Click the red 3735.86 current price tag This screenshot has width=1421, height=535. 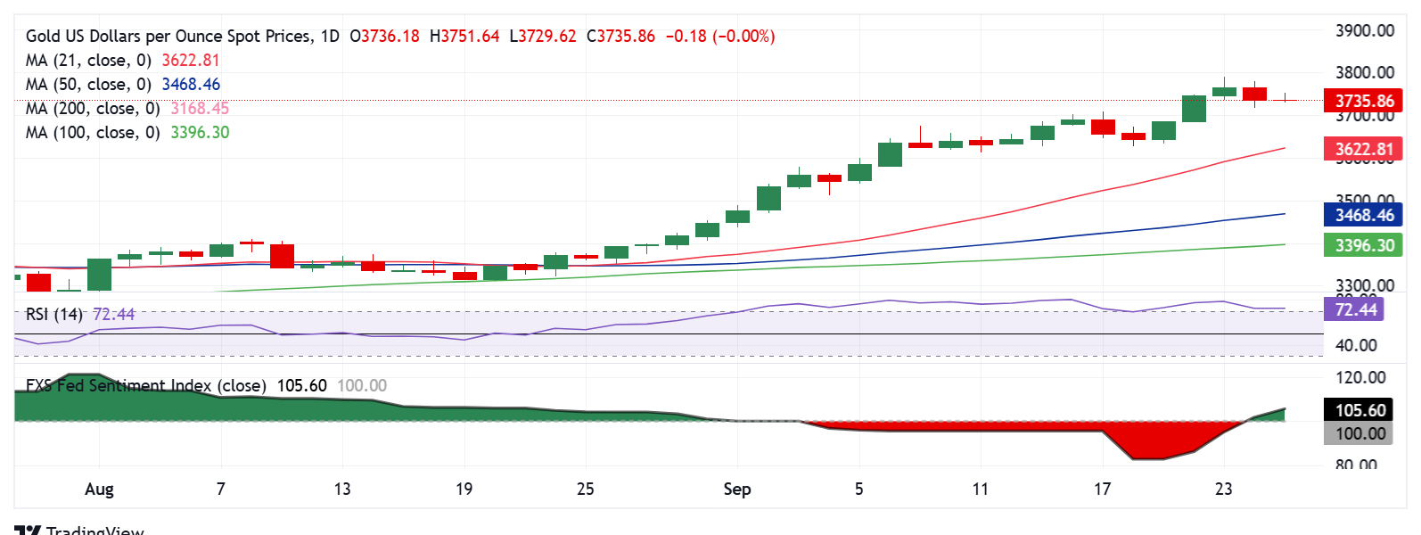coord(1363,101)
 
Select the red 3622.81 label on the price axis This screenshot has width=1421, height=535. coord(1363,149)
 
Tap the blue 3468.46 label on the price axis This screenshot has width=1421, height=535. coord(1363,215)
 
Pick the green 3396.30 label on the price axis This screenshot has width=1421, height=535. coord(1363,245)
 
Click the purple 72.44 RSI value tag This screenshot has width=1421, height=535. coord(1356,309)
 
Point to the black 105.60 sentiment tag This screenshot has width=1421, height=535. coord(1359,410)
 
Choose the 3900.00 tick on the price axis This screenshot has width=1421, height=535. coord(1364,30)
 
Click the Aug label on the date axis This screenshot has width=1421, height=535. coord(99,489)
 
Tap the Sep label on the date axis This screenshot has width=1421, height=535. coord(736,489)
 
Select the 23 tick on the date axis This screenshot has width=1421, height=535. coord(1223,489)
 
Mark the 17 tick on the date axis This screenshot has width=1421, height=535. coord(1102,489)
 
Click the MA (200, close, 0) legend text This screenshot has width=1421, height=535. coord(93,109)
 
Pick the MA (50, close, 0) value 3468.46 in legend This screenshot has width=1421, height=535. coord(191,85)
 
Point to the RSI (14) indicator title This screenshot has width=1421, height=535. coord(54,314)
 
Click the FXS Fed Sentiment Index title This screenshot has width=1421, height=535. coord(146,385)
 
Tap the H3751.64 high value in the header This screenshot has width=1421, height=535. coord(464,37)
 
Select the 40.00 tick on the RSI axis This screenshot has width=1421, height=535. coord(1355,345)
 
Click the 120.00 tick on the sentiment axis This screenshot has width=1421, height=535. coord(1359,377)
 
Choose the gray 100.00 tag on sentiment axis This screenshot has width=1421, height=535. coord(1359,434)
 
